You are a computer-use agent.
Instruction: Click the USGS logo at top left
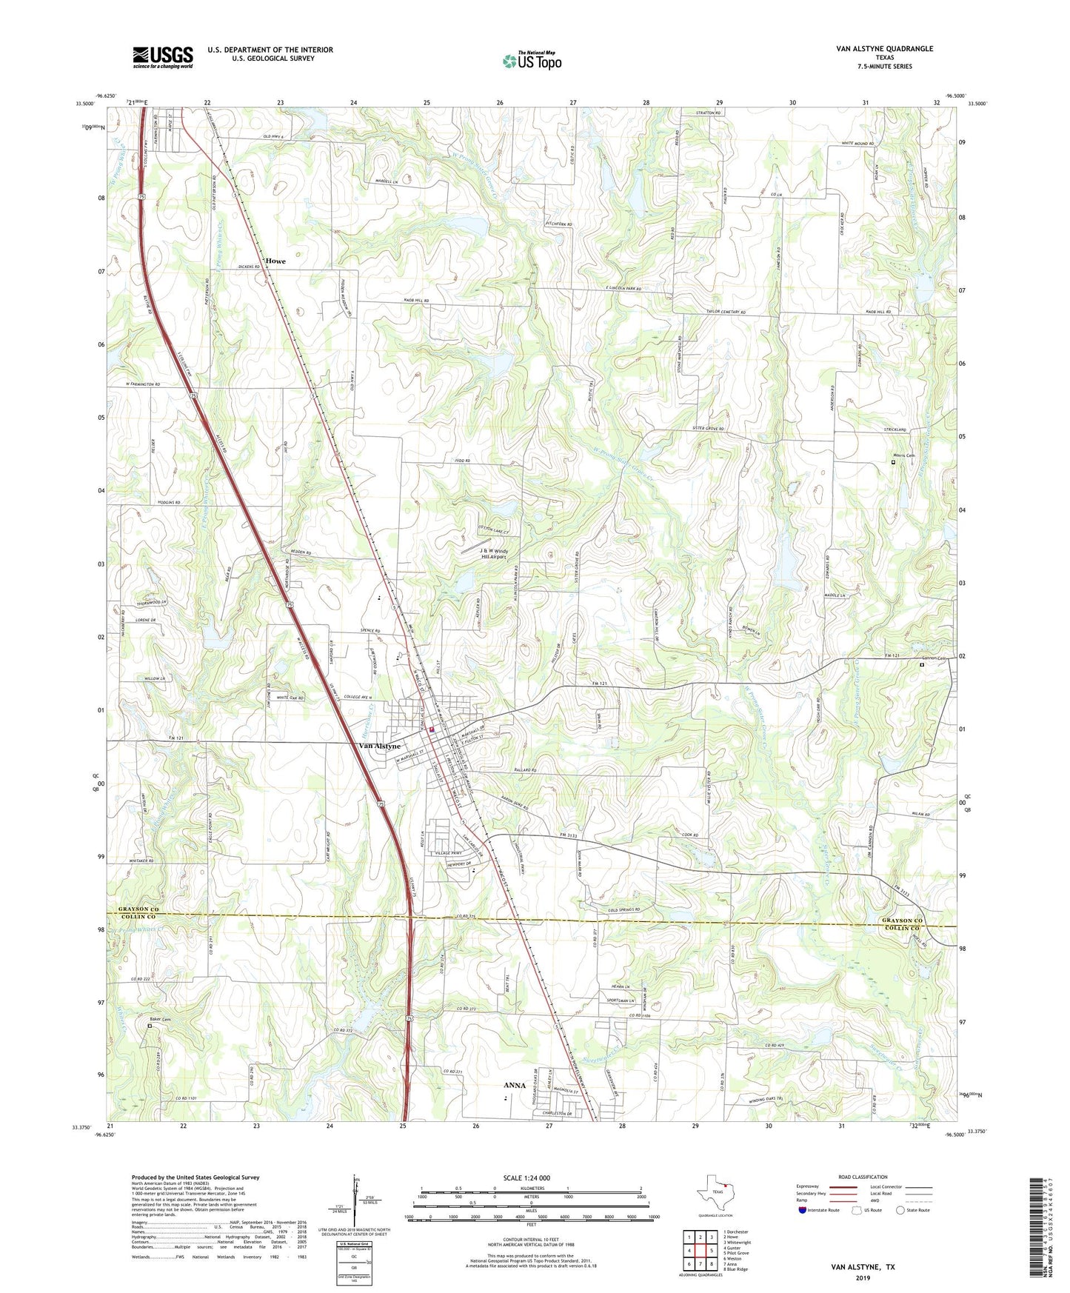pos(163,57)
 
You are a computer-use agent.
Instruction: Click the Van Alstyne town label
pos(379,746)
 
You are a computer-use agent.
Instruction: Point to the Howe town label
pos(275,261)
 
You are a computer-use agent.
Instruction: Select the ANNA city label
pos(515,1085)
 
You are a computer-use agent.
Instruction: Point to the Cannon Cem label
pos(933,658)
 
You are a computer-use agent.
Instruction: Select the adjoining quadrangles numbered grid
pos(699,1252)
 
